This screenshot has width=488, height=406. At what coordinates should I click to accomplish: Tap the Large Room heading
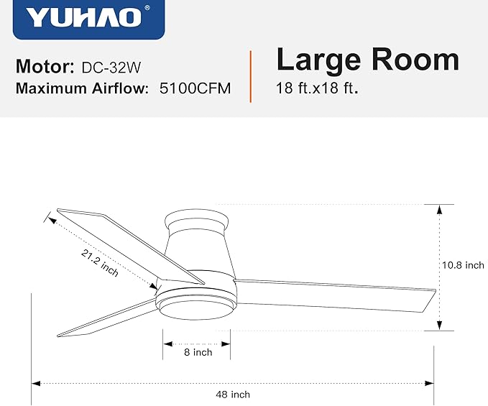point(367,60)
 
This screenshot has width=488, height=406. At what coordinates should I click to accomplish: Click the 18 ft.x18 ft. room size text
point(317,90)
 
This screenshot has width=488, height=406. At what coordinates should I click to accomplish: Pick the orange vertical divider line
point(251,76)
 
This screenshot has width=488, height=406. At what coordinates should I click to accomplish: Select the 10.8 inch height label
point(463,265)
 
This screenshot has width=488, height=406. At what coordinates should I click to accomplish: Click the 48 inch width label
point(233,395)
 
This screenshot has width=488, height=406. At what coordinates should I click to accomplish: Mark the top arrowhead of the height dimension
point(438,208)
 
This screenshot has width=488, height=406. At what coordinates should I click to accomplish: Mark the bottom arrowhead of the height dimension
point(438,327)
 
